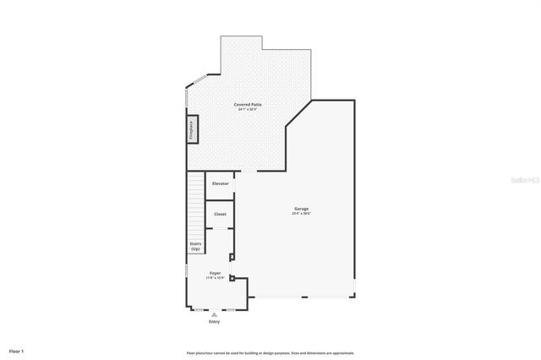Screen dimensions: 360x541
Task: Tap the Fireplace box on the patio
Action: tap(192, 131)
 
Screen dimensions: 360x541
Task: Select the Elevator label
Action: tap(220, 183)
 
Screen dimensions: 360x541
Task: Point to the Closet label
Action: tap(220, 214)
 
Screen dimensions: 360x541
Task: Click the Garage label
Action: tap(301, 209)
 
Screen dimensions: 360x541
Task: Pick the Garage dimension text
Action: tap(301, 214)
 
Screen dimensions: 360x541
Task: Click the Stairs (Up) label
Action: tap(195, 246)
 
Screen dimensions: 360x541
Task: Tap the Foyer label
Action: tap(216, 273)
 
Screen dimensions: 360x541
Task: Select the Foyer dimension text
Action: tap(216, 278)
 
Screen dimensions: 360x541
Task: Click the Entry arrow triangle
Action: tap(214, 314)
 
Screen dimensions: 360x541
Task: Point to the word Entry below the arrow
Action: tap(214, 322)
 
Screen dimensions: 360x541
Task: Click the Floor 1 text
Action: tap(17, 351)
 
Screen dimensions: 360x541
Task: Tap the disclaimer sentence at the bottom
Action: tap(270, 353)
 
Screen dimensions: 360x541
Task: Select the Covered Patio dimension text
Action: tap(248, 110)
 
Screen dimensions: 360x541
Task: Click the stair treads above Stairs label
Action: tap(196, 203)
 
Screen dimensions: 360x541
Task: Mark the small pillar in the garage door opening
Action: tap(306, 297)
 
